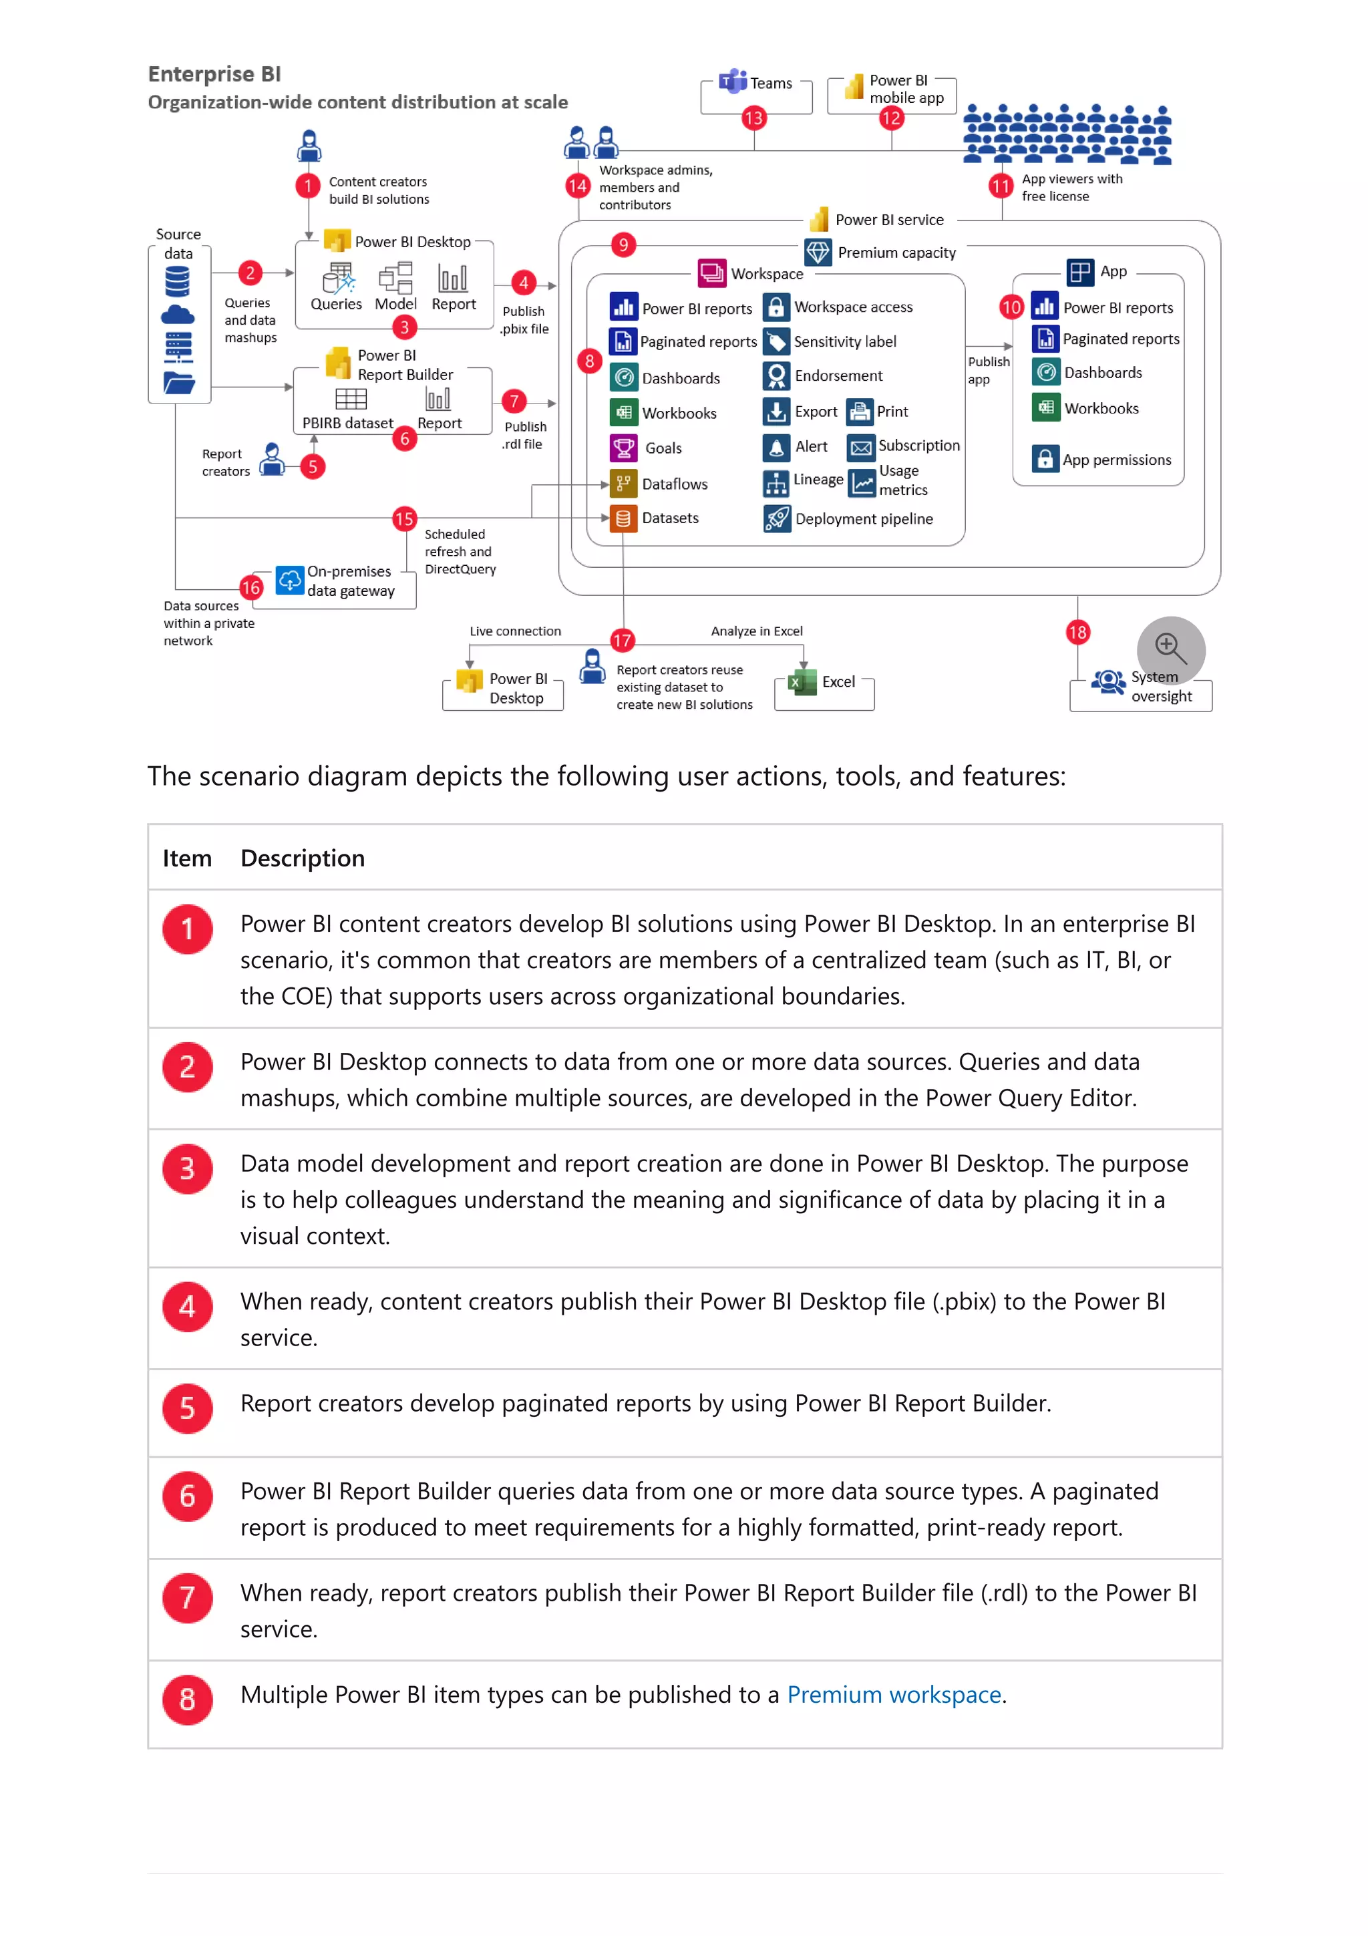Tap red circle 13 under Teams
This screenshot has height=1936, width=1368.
coord(753,118)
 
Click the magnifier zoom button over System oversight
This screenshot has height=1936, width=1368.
coord(1170,649)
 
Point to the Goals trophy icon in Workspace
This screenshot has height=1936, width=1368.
coord(623,448)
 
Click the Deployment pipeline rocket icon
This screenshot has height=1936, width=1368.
coord(776,518)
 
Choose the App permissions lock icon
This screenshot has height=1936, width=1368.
coord(1044,459)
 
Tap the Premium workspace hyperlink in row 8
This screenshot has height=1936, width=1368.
coord(894,1695)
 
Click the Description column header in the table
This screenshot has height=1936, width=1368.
coord(303,858)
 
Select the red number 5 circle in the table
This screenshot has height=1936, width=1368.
coord(187,1408)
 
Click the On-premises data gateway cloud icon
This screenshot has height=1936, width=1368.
coord(289,580)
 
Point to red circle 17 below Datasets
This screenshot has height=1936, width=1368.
coord(622,640)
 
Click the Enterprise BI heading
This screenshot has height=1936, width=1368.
coord(214,74)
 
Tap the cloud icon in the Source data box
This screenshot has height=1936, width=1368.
coord(177,315)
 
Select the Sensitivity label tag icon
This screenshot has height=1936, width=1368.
coord(776,341)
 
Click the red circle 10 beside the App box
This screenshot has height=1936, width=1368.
coord(1011,307)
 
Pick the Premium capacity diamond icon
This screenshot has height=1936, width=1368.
coord(817,252)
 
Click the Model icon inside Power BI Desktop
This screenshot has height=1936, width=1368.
coord(395,279)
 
